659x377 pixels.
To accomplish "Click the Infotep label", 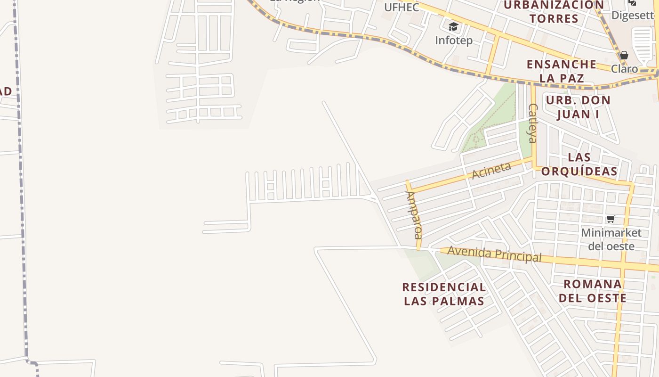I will tap(453, 41).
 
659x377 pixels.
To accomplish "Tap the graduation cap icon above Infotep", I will tap(453, 27).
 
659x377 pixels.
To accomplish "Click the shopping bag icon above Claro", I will tap(624, 56).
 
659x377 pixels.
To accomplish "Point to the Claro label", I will tap(624, 69).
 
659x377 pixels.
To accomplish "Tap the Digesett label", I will tap(633, 15).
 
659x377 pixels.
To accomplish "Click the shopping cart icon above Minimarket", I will tap(611, 219).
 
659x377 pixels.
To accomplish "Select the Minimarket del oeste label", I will tap(611, 239).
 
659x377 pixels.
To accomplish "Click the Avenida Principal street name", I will tap(494, 254).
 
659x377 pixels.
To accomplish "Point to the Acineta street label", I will tap(491, 170).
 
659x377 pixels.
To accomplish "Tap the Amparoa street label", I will tap(414, 214).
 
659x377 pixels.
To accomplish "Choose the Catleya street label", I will tap(532, 123).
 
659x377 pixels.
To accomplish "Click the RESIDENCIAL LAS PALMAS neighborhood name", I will tap(444, 294).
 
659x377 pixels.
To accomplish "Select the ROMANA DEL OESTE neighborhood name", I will tap(592, 291).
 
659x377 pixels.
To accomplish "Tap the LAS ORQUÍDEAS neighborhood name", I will tap(579, 164).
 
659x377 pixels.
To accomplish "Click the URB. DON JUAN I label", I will tap(578, 107).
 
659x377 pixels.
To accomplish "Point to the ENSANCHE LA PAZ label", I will tap(561, 71).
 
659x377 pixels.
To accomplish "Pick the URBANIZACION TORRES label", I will tap(554, 12).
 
